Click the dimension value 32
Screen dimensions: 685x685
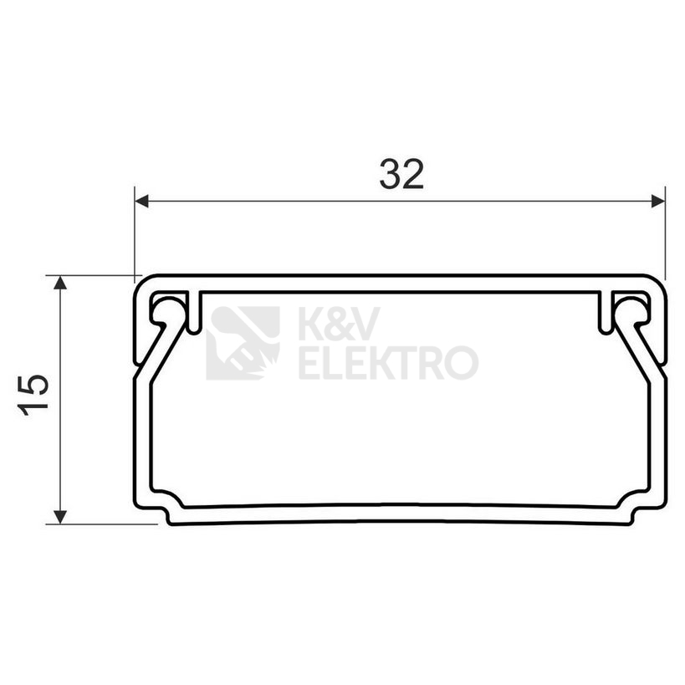[x=401, y=174]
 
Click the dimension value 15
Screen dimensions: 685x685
[x=33, y=395]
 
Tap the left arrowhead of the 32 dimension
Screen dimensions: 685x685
[x=142, y=202]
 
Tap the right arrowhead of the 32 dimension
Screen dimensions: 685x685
[x=658, y=202]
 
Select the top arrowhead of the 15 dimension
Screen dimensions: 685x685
[x=61, y=283]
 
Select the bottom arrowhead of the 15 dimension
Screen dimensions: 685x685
[x=61, y=517]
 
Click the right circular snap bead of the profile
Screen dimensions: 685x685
[x=634, y=309]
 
